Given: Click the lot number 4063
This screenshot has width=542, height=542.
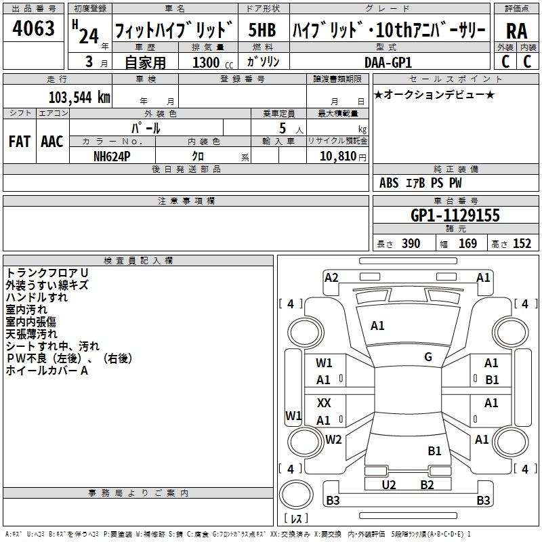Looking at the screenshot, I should tap(33, 29).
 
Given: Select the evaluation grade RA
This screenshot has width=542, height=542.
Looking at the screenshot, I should tap(516, 31).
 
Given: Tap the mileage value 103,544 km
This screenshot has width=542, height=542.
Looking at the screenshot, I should tap(79, 97).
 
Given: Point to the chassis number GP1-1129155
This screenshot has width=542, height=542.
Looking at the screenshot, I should tap(455, 216).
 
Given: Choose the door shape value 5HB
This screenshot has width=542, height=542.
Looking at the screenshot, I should tap(262, 30).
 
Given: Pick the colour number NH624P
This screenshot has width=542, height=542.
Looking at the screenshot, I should tap(113, 155).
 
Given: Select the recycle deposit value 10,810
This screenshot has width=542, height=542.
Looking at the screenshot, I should tap(337, 155).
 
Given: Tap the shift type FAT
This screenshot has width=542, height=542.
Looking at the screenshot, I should tap(19, 142).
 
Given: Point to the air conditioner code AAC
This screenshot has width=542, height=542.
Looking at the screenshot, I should tap(51, 142).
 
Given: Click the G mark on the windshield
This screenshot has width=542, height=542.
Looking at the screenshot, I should tap(428, 357).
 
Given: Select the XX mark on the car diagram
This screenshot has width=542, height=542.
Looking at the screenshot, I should tap(324, 402).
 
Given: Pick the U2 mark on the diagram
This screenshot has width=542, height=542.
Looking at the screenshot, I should tap(389, 484).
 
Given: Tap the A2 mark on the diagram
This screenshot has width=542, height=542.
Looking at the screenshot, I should tap(331, 277).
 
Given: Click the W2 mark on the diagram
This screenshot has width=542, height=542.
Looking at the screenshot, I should tap(333, 440).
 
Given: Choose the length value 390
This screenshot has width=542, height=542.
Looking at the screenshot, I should tap(411, 244).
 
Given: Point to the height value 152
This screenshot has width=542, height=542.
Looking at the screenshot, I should tap(522, 244).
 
